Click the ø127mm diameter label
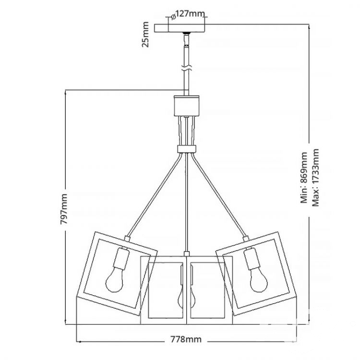[188, 15]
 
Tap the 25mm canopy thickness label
[145, 35]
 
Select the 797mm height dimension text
[64, 209]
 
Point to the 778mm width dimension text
[186, 339]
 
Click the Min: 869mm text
[304, 178]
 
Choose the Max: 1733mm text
[315, 178]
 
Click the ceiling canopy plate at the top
[180, 28]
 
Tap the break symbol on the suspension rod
[186, 68]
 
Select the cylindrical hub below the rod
[186, 106]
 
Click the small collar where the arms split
[187, 148]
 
